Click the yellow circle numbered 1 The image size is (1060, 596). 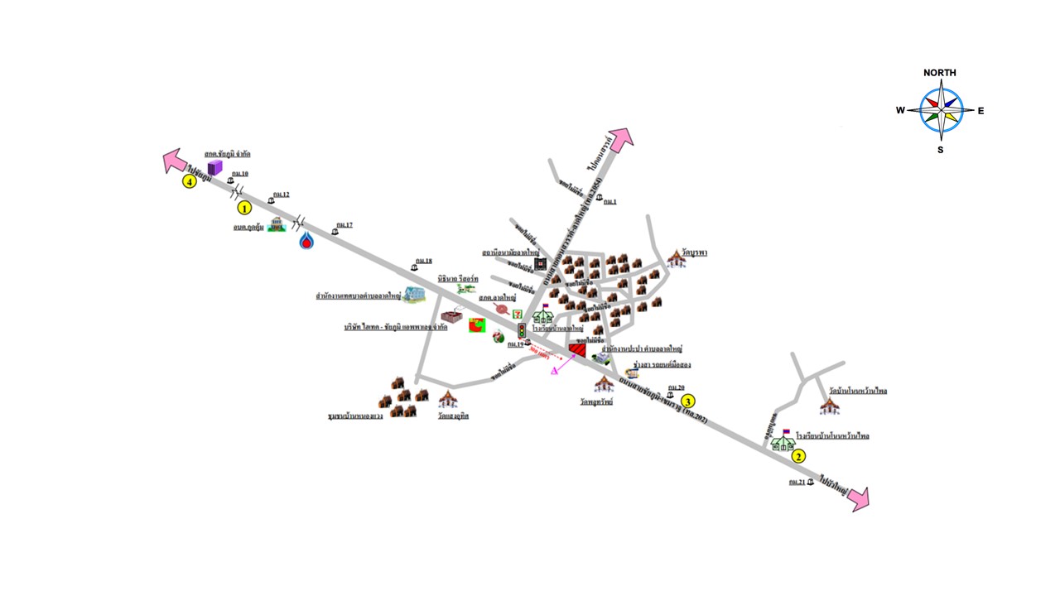pos(244,208)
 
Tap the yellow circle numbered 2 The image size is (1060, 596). pos(798,455)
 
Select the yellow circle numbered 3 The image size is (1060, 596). pos(687,401)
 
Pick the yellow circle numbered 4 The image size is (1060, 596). pos(190,181)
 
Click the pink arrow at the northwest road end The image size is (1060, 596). pos(174,160)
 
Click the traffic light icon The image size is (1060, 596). pos(522,331)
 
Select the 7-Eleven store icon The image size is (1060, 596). pos(518,313)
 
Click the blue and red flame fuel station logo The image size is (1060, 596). pos(307,240)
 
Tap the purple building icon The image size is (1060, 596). pos(204,169)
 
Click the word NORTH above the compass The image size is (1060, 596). pos(940,73)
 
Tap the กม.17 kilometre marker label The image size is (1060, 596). pos(344,225)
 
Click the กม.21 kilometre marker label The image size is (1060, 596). pos(797,482)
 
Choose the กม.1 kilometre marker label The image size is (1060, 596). pos(611,201)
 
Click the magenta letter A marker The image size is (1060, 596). pos(554,371)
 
